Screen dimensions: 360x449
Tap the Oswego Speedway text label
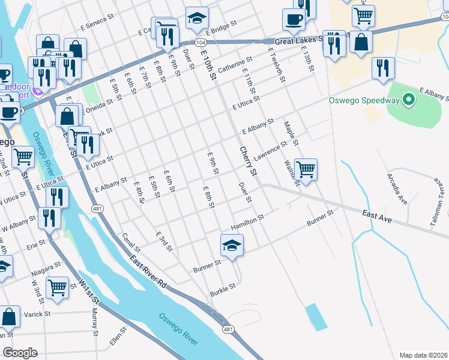364,100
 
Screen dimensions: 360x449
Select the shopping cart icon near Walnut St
306,170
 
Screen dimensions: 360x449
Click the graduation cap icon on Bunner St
232,246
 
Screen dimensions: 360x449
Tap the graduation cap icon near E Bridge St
196,19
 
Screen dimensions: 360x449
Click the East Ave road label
377,217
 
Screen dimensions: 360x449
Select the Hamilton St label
247,223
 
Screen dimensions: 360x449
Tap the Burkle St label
222,291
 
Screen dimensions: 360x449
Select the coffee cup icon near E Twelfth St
293,19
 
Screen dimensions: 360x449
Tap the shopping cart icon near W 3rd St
57,287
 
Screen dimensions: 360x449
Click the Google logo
20,353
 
